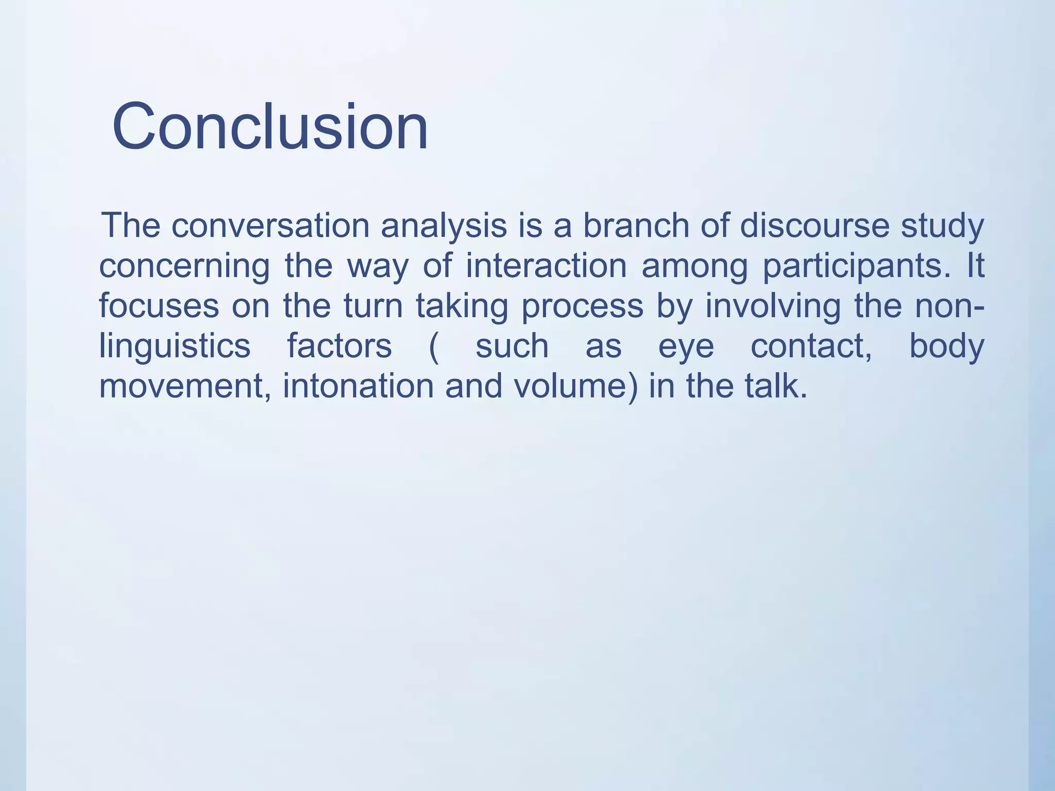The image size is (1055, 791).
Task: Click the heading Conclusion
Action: click(x=270, y=127)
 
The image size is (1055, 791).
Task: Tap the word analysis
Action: click(x=444, y=227)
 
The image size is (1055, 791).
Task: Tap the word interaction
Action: click(x=546, y=266)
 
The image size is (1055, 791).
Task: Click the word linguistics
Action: click(x=175, y=346)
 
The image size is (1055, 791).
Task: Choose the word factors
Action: click(x=339, y=346)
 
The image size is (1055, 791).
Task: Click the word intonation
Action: click(x=359, y=386)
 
